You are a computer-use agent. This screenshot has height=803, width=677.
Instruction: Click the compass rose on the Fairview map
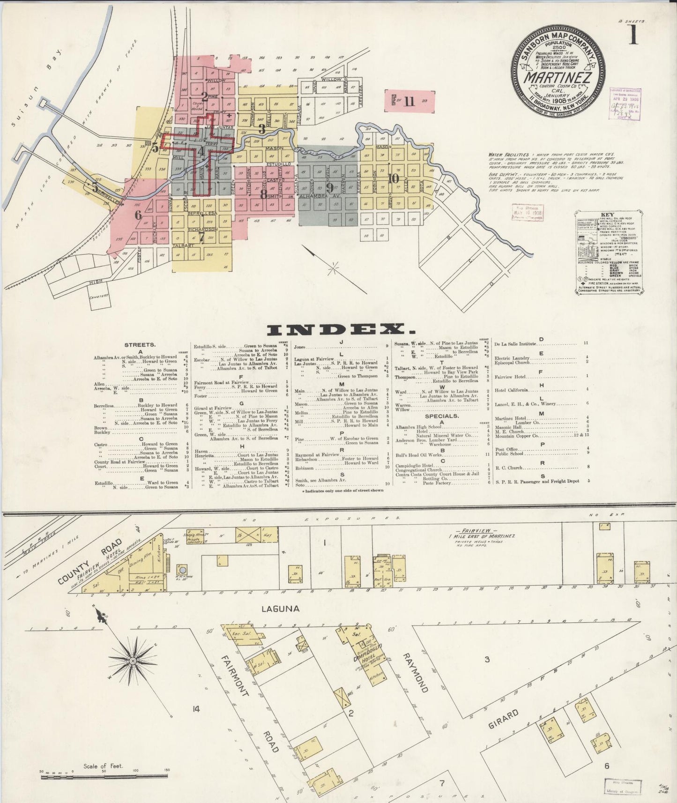[x=134, y=661]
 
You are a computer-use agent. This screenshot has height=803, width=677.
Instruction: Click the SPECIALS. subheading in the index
[x=441, y=416]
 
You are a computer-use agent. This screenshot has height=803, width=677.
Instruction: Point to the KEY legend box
[x=608, y=253]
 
